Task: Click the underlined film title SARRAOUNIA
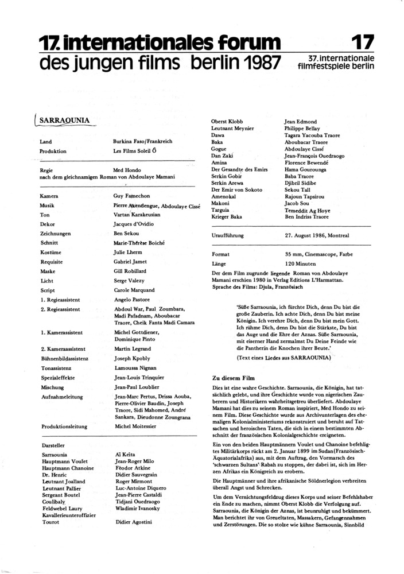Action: (x=67, y=122)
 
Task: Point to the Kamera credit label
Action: (x=51, y=196)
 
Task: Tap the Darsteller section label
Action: (x=55, y=445)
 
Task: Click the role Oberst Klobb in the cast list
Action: (x=227, y=122)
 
